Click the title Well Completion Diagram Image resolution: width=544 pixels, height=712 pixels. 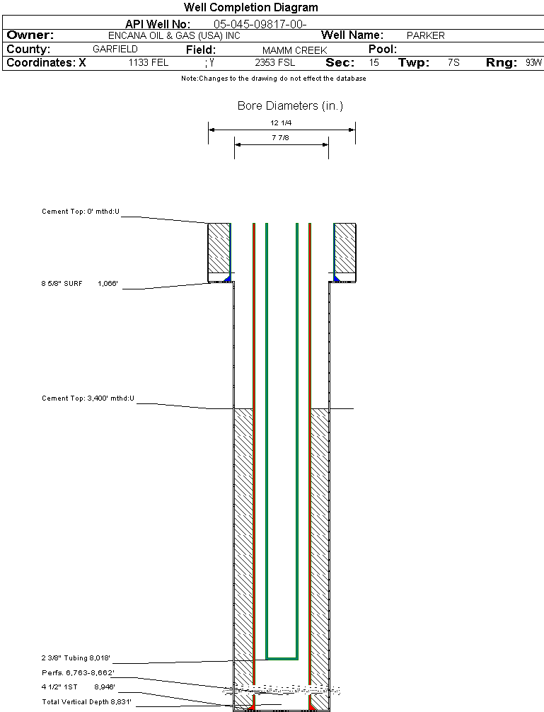point(251,8)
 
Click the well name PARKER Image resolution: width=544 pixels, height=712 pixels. point(425,35)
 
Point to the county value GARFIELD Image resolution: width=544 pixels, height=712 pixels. point(115,50)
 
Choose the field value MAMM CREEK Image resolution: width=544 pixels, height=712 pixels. point(294,50)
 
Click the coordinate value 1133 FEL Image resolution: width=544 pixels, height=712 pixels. point(149,63)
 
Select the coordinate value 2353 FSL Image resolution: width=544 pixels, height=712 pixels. point(275,63)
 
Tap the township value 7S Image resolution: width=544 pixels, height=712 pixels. point(453,63)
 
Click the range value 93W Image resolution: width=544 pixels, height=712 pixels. point(533,63)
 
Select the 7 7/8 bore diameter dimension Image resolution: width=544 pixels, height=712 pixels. point(281,138)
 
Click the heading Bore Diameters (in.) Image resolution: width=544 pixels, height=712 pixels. point(290,106)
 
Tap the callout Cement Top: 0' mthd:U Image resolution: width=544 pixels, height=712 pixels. point(81,212)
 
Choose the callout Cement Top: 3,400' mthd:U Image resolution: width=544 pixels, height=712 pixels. point(88,398)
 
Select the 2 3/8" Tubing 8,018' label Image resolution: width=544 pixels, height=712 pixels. point(76,658)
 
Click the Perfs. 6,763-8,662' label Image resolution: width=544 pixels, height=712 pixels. point(78,672)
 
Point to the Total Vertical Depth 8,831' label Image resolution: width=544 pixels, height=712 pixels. point(87,701)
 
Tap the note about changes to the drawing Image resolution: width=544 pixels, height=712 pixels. point(274,79)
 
